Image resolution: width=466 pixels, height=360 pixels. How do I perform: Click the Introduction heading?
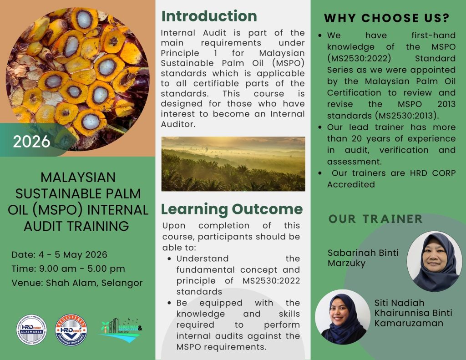(x=209, y=16)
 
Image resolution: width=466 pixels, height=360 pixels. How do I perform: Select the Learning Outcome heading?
(x=232, y=209)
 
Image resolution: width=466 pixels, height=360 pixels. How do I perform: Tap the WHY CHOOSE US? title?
(x=387, y=18)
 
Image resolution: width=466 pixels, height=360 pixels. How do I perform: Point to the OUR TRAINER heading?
(x=375, y=219)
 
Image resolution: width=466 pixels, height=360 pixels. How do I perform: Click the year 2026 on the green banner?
(x=31, y=142)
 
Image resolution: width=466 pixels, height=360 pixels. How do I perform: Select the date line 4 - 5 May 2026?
(x=60, y=254)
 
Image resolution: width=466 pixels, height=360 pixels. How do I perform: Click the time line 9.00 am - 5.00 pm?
(x=68, y=269)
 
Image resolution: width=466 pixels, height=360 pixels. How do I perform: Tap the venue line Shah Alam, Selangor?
(x=77, y=283)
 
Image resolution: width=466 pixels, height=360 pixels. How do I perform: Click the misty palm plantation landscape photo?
(x=233, y=164)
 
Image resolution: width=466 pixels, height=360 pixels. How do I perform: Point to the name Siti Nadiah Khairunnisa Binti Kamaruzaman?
(x=408, y=313)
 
